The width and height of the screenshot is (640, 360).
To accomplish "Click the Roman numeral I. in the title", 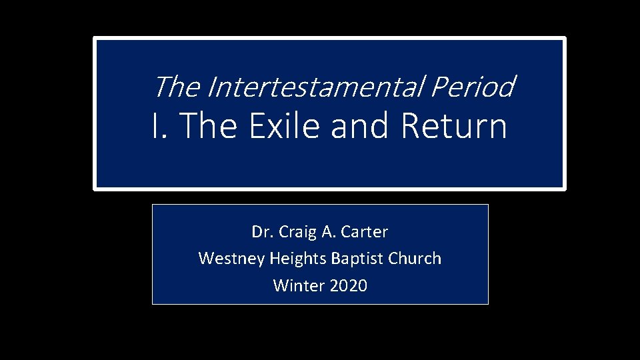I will click(x=157, y=126).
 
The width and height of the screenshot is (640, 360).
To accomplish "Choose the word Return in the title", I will click(x=454, y=126).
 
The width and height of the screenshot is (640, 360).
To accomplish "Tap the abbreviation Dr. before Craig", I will click(x=261, y=232).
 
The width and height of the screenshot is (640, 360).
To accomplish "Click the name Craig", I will click(x=294, y=232).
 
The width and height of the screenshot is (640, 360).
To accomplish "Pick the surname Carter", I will click(x=365, y=232).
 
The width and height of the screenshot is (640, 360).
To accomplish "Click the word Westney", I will click(x=231, y=259).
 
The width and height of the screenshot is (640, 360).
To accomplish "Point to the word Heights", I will click(x=293, y=259).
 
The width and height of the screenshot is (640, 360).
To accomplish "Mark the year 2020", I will click(x=349, y=286).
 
